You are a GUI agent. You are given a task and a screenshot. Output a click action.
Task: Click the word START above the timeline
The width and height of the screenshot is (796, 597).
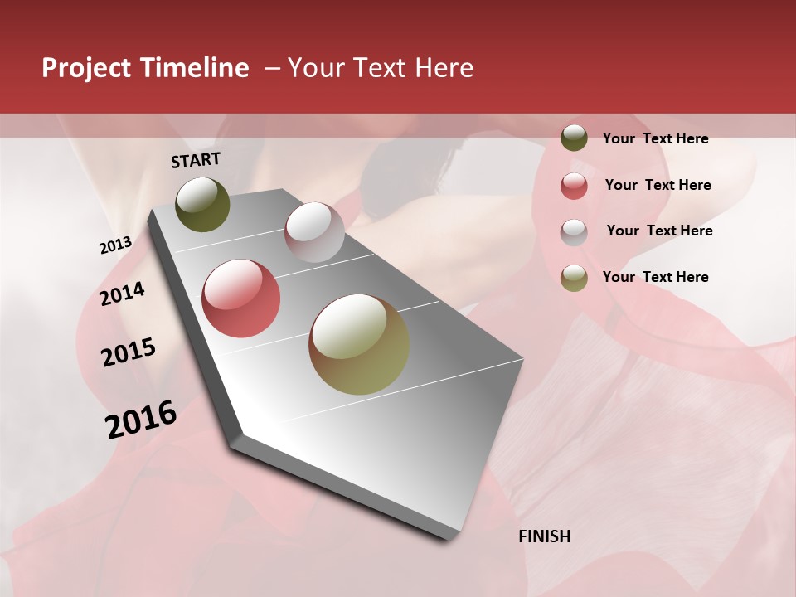coord(196,160)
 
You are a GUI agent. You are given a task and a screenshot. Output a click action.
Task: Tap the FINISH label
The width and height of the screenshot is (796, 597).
coord(544,536)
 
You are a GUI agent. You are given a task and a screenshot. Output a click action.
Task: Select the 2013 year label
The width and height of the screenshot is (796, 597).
coord(115,245)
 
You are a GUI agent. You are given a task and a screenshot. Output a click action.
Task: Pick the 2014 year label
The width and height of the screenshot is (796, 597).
coord(122,294)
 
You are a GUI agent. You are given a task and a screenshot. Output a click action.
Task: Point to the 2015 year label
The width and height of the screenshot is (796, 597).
coord(129,352)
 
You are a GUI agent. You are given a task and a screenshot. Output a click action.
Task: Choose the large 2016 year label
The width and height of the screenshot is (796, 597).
coord(141,420)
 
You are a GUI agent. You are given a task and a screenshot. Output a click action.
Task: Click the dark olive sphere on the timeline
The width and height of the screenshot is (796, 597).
coord(202,204)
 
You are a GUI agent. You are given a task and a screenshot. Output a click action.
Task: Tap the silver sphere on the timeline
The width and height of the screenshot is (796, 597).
coord(314,232)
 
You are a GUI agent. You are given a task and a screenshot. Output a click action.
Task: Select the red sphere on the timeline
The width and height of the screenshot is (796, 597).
coord(241,298)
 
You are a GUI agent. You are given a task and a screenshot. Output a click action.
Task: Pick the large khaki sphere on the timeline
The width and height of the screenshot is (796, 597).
coord(359,344)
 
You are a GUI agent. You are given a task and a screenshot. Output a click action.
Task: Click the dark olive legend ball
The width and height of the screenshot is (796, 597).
coord(574,138)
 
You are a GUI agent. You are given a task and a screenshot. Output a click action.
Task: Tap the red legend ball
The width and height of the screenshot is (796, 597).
coord(574,186)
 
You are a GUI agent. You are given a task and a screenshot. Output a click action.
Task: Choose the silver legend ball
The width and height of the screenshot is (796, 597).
coord(574,232)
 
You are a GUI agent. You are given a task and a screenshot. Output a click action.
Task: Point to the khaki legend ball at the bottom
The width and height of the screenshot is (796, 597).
coord(574,278)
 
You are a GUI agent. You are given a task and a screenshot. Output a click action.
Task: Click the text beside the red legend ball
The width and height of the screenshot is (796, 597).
coord(658,185)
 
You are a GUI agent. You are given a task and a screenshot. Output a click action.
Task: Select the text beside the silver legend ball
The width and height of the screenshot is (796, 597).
coord(659,231)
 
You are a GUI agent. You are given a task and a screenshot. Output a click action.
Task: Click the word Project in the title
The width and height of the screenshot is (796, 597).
coord(87,68)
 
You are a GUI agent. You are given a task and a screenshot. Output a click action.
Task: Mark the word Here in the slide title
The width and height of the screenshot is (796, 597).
coord(444,68)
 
